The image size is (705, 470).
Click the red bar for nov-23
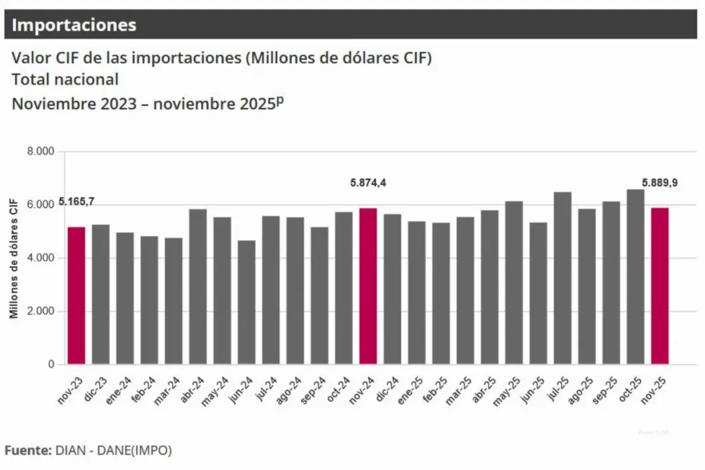coord(76,296)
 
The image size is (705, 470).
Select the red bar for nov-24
coord(368,286)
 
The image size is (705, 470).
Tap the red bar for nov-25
coord(660,286)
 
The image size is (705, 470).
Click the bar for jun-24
coord(246,302)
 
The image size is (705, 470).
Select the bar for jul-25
coord(562,278)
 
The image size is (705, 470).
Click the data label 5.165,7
coord(76,202)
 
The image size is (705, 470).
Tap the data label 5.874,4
coord(368,183)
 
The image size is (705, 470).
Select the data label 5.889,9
coord(660,183)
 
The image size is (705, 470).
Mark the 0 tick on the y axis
coord(50,364)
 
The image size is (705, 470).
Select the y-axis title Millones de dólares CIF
coord(14,258)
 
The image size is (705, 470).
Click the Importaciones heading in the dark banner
coord(74,25)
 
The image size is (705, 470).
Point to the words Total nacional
coord(65,80)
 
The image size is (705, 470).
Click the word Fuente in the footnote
coord(28,451)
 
